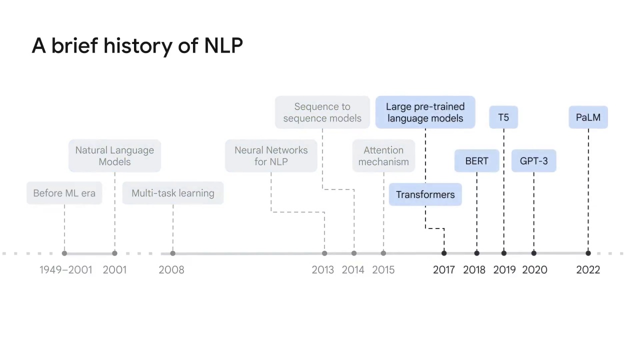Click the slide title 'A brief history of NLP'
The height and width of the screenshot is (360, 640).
tap(137, 46)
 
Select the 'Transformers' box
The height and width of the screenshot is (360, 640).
tap(425, 194)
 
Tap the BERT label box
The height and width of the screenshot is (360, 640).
tap(476, 161)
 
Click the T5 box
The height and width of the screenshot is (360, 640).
tap(503, 117)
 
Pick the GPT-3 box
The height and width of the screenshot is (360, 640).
tap(533, 161)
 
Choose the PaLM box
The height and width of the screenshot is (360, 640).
tap(588, 117)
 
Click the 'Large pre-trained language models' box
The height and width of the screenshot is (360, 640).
tap(425, 112)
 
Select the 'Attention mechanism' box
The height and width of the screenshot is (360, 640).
tap(383, 156)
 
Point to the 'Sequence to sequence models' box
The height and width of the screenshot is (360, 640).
tap(322, 112)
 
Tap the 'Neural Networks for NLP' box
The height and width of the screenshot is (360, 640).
tap(271, 156)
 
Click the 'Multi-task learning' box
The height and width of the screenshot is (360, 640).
tap(172, 193)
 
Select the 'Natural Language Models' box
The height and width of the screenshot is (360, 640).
tap(114, 156)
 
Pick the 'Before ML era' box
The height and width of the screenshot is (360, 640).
tap(64, 193)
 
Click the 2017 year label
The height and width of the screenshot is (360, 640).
tap(444, 270)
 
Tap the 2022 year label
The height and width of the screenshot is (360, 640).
tap(588, 270)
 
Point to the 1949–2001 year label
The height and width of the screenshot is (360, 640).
tap(65, 270)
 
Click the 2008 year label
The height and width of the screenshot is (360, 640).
tap(171, 270)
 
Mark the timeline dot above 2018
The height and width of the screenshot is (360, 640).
tap(476, 253)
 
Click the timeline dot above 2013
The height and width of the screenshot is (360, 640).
tap(324, 253)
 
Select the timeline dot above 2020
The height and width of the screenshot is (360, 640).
tap(533, 253)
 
